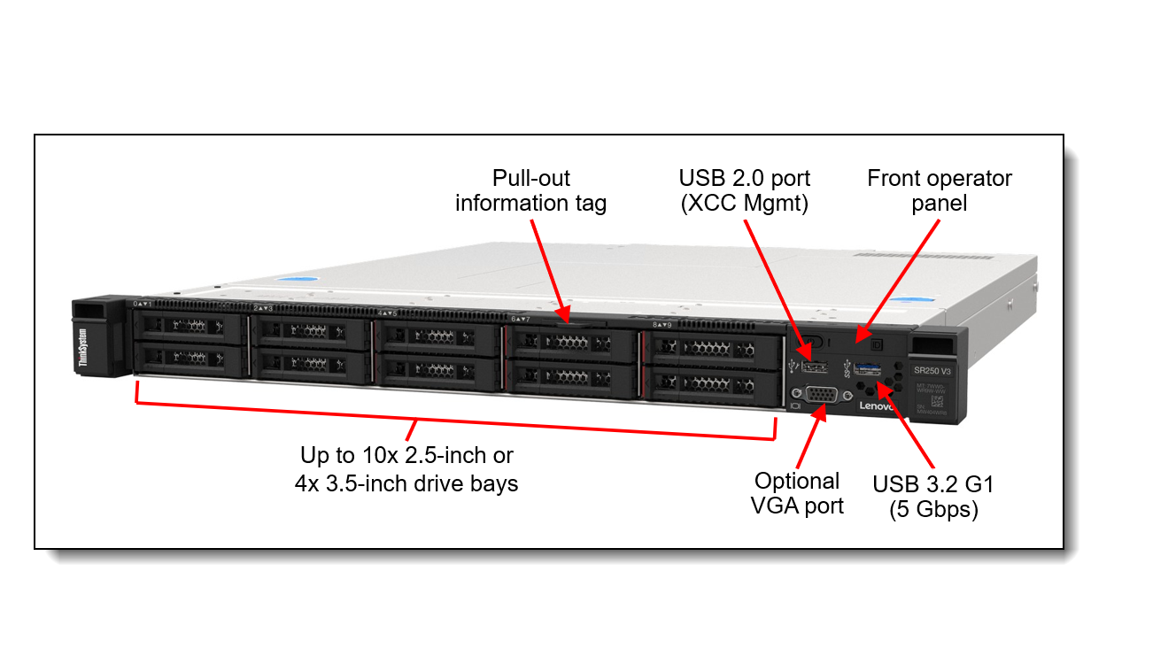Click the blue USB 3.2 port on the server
click(868, 367)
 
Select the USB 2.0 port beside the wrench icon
click(814, 366)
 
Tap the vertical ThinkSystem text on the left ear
click(82, 347)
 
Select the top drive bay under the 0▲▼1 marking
click(189, 326)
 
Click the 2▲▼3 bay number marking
click(263, 307)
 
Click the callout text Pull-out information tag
click(530, 190)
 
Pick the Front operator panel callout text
click(939, 190)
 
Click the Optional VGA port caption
click(796, 493)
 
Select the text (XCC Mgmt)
click(744, 203)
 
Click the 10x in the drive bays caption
click(373, 456)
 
